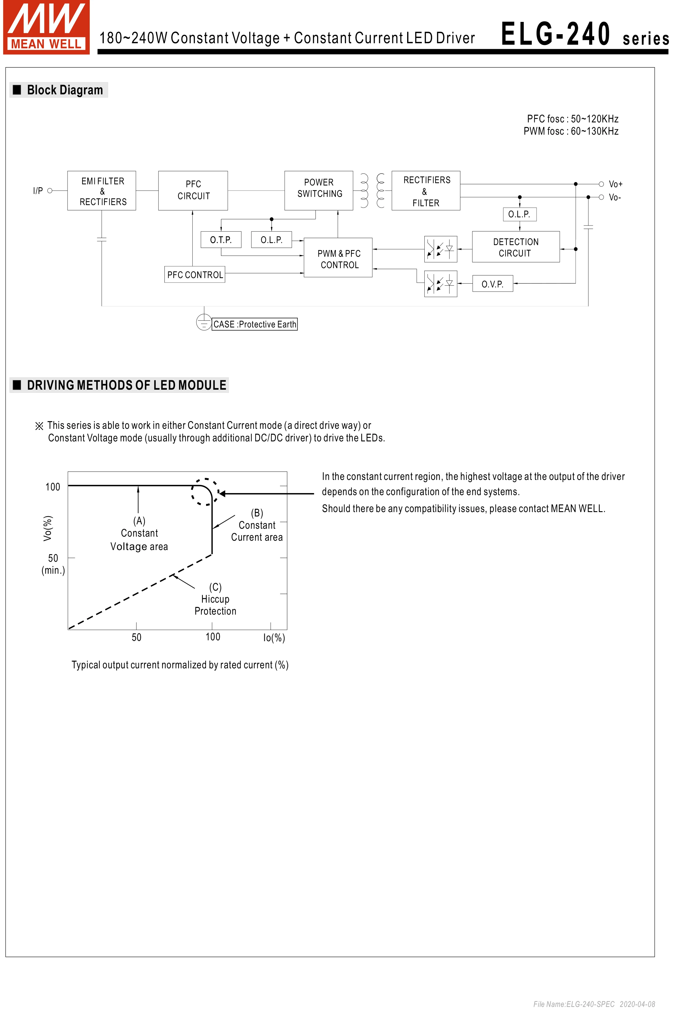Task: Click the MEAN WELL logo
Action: click(46, 27)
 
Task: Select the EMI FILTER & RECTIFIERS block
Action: click(102, 190)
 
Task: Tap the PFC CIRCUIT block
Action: click(193, 190)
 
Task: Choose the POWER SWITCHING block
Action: click(319, 190)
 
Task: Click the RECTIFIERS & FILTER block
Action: click(426, 190)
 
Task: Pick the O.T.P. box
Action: click(221, 240)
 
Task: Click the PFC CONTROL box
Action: click(195, 274)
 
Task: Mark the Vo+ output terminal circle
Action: click(601, 184)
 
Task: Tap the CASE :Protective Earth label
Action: click(255, 324)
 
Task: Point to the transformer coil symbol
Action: click(372, 190)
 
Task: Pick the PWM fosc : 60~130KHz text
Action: click(571, 131)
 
